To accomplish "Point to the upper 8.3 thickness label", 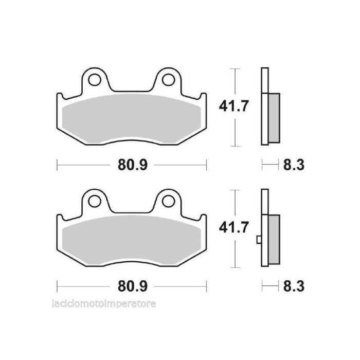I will (x=294, y=165).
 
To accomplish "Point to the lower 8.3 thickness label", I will (x=294, y=285).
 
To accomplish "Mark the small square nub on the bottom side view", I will (x=259, y=239).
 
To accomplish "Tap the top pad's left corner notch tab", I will (x=59, y=97).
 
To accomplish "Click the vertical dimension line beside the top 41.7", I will (x=235, y=82).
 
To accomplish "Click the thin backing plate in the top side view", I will (x=264, y=82).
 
